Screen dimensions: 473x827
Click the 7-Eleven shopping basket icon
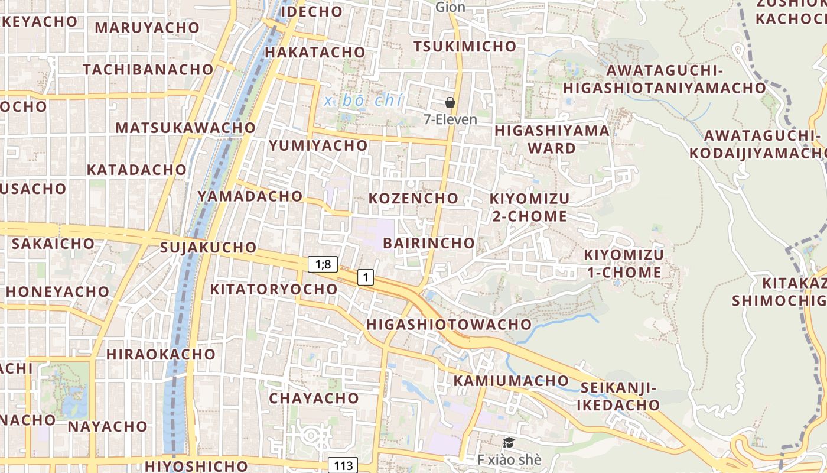[450, 102]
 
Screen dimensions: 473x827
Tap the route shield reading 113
[343, 465]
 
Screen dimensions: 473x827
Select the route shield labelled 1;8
[323, 264]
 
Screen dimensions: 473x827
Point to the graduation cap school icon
[508, 442]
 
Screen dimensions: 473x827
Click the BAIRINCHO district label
[429, 243]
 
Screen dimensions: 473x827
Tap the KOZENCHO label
[413, 198]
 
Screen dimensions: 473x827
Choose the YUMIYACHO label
[318, 145]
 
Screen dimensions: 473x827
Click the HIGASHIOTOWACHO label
[449, 324]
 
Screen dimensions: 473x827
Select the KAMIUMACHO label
[511, 381]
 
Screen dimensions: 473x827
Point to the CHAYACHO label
[314, 398]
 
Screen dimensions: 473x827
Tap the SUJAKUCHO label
[208, 247]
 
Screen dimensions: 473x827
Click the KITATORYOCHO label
[274, 289]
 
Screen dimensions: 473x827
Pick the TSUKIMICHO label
[464, 46]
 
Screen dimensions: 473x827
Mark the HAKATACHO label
[315, 52]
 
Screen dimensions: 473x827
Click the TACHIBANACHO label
[148, 69]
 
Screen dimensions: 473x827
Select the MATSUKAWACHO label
[185, 128]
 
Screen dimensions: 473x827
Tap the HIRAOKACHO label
[161, 354]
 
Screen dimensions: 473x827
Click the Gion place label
[450, 7]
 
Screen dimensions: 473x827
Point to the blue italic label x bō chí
[363, 101]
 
